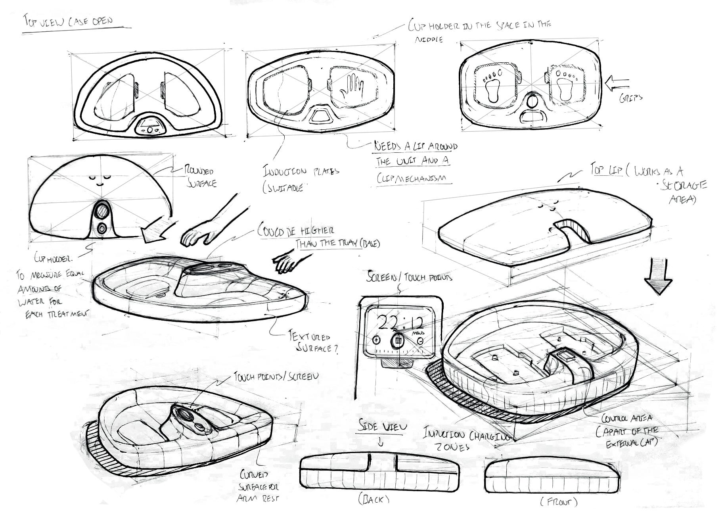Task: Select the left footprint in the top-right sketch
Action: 493,85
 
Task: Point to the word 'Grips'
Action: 630,98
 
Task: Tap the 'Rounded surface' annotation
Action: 200,177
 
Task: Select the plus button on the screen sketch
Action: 376,340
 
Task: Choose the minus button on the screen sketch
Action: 420,341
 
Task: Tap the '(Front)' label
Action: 559,502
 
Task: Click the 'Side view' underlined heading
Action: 382,427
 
